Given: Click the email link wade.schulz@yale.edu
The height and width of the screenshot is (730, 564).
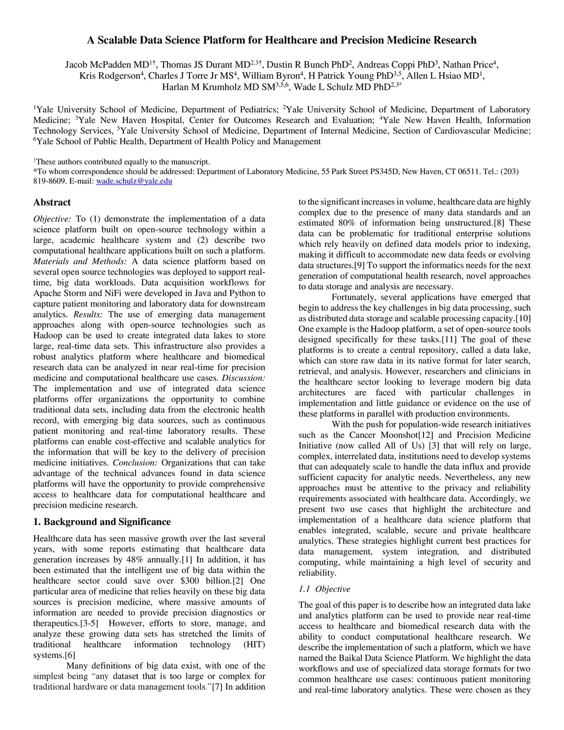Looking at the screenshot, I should [x=134, y=181].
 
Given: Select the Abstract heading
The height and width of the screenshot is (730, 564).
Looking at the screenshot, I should [x=52, y=202].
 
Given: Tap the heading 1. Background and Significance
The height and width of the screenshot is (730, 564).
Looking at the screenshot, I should [x=102, y=522].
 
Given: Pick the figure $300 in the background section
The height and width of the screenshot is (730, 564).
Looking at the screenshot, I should [x=191, y=581].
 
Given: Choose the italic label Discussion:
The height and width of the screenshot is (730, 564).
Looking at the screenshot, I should [x=243, y=378].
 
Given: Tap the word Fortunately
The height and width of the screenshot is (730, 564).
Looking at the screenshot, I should [x=355, y=298].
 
